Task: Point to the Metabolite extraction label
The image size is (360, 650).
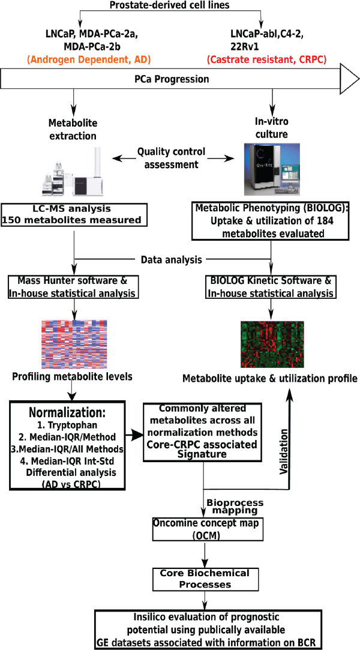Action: (73, 128)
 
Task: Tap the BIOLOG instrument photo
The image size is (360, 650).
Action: (272, 171)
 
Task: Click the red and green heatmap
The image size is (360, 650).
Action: (271, 345)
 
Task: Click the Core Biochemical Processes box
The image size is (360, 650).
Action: (204, 578)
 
